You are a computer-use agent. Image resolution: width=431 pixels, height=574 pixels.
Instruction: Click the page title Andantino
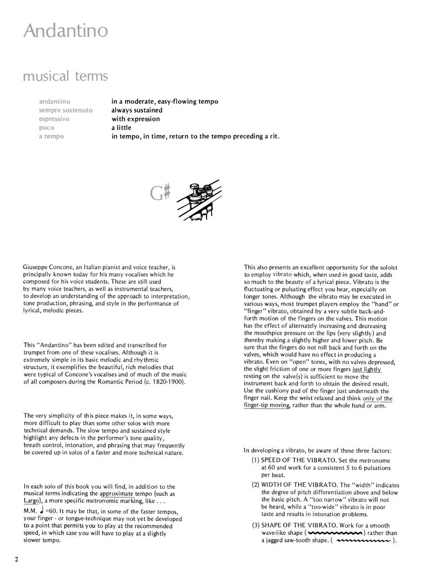tap(65, 31)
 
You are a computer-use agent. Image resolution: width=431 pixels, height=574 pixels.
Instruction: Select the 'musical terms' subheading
tap(65, 76)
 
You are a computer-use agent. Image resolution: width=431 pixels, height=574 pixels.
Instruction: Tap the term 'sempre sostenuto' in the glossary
tap(65, 110)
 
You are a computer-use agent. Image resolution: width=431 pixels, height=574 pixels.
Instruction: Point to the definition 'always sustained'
tap(137, 110)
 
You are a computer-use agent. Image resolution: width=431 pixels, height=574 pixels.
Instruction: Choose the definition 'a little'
tap(121, 128)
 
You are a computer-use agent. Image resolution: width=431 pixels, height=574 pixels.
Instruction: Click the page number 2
tap(16, 559)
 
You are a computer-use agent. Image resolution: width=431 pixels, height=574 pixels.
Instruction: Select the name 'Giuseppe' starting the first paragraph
tap(36, 268)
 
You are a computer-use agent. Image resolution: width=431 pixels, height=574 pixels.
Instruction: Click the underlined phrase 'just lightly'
tap(367, 370)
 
